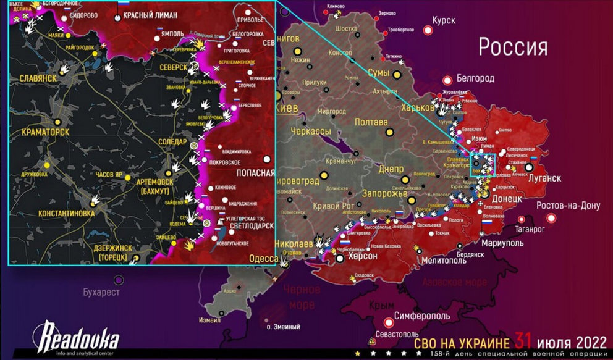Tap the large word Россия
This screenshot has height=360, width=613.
pos(513,46)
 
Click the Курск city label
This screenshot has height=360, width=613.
pos(443,20)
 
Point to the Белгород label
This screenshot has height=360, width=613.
pos(475,78)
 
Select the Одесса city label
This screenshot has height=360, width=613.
pos(263,259)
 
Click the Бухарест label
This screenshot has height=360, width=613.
pos(102,292)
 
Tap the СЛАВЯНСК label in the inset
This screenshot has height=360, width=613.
pos(38,78)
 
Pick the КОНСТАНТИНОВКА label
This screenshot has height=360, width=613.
pos(66,213)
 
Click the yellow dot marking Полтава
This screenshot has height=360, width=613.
pos(389,132)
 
